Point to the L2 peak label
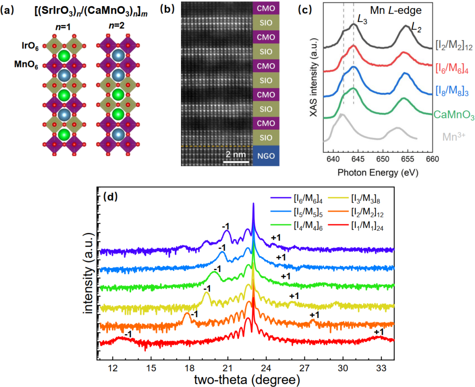point(416,29)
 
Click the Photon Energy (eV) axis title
point(378,174)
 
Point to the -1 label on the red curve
point(127,335)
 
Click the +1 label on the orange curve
point(314,315)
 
